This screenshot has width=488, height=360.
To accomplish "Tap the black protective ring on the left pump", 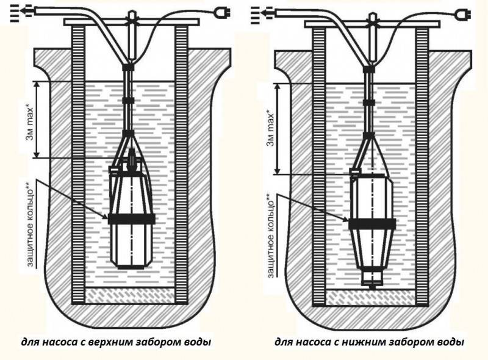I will click(131, 218).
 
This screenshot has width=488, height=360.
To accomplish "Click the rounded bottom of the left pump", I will click(131, 262).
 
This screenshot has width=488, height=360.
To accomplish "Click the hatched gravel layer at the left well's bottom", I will click(131, 296).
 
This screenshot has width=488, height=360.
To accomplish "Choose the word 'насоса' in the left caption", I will click(63, 342).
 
